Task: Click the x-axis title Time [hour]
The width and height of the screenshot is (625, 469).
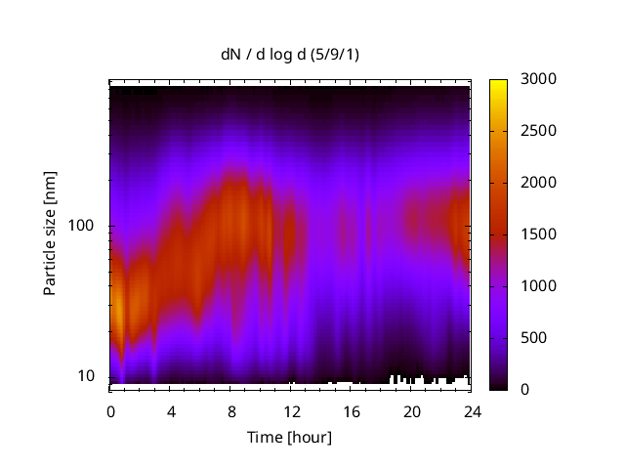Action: [x=290, y=437]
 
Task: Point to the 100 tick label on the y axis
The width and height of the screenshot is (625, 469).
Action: [x=81, y=227]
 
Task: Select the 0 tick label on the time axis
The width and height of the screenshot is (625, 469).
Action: [x=110, y=410]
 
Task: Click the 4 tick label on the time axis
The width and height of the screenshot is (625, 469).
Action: [x=171, y=410]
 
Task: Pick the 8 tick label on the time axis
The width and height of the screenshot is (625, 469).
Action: [x=231, y=410]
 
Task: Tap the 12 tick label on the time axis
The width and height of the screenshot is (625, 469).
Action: [x=291, y=410]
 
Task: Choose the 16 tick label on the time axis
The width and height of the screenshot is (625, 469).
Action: [x=352, y=410]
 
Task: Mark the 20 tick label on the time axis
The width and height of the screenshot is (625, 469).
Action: [x=412, y=410]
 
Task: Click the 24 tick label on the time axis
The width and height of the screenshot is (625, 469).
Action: [x=472, y=410]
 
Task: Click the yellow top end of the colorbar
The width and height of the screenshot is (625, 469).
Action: [x=498, y=82]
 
